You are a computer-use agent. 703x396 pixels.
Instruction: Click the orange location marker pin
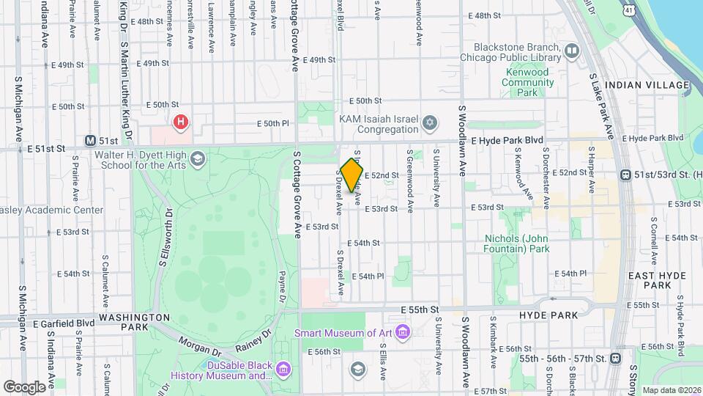(351, 175)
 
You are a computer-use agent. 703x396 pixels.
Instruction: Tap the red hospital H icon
(179, 122)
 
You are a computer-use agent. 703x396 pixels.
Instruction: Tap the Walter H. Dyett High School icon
(197, 158)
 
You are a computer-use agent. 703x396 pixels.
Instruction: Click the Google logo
(24, 386)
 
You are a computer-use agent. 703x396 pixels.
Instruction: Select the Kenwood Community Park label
(527, 82)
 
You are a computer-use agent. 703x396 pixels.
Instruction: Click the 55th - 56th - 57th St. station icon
(614, 359)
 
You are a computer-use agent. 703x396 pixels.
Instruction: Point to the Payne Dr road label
(280, 286)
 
